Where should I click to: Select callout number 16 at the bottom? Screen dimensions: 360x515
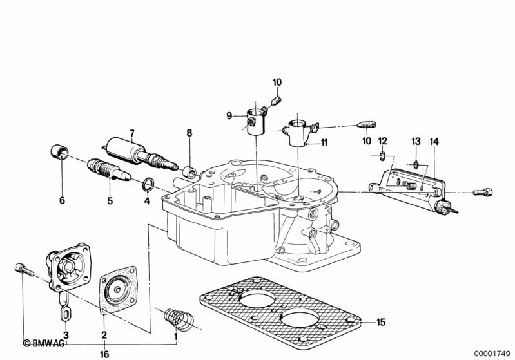coord(104,354)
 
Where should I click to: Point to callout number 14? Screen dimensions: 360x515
coord(434,141)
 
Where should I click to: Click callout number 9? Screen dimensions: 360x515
coord(229,115)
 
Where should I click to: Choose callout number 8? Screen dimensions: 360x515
coord(189,133)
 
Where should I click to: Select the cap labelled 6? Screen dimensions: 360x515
coord(60,153)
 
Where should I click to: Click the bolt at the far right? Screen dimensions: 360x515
coord(482,191)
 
